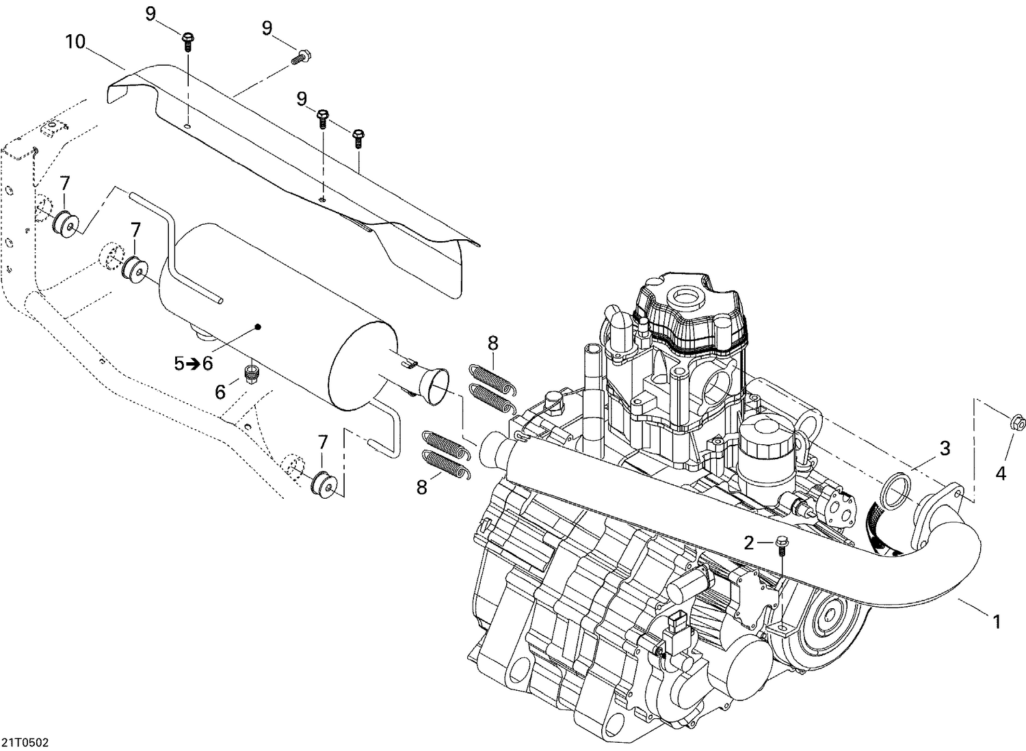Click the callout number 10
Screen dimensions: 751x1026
[x=75, y=42]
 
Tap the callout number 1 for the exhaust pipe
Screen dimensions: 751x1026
[x=997, y=621]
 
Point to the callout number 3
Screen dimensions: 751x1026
[x=945, y=449]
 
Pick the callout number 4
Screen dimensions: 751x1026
[x=1001, y=472]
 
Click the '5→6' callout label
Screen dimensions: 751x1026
[x=194, y=364]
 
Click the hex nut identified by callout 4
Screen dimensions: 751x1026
[x=1017, y=423]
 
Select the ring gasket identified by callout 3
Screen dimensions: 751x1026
[x=893, y=493]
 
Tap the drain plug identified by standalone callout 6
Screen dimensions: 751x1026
[x=251, y=373]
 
